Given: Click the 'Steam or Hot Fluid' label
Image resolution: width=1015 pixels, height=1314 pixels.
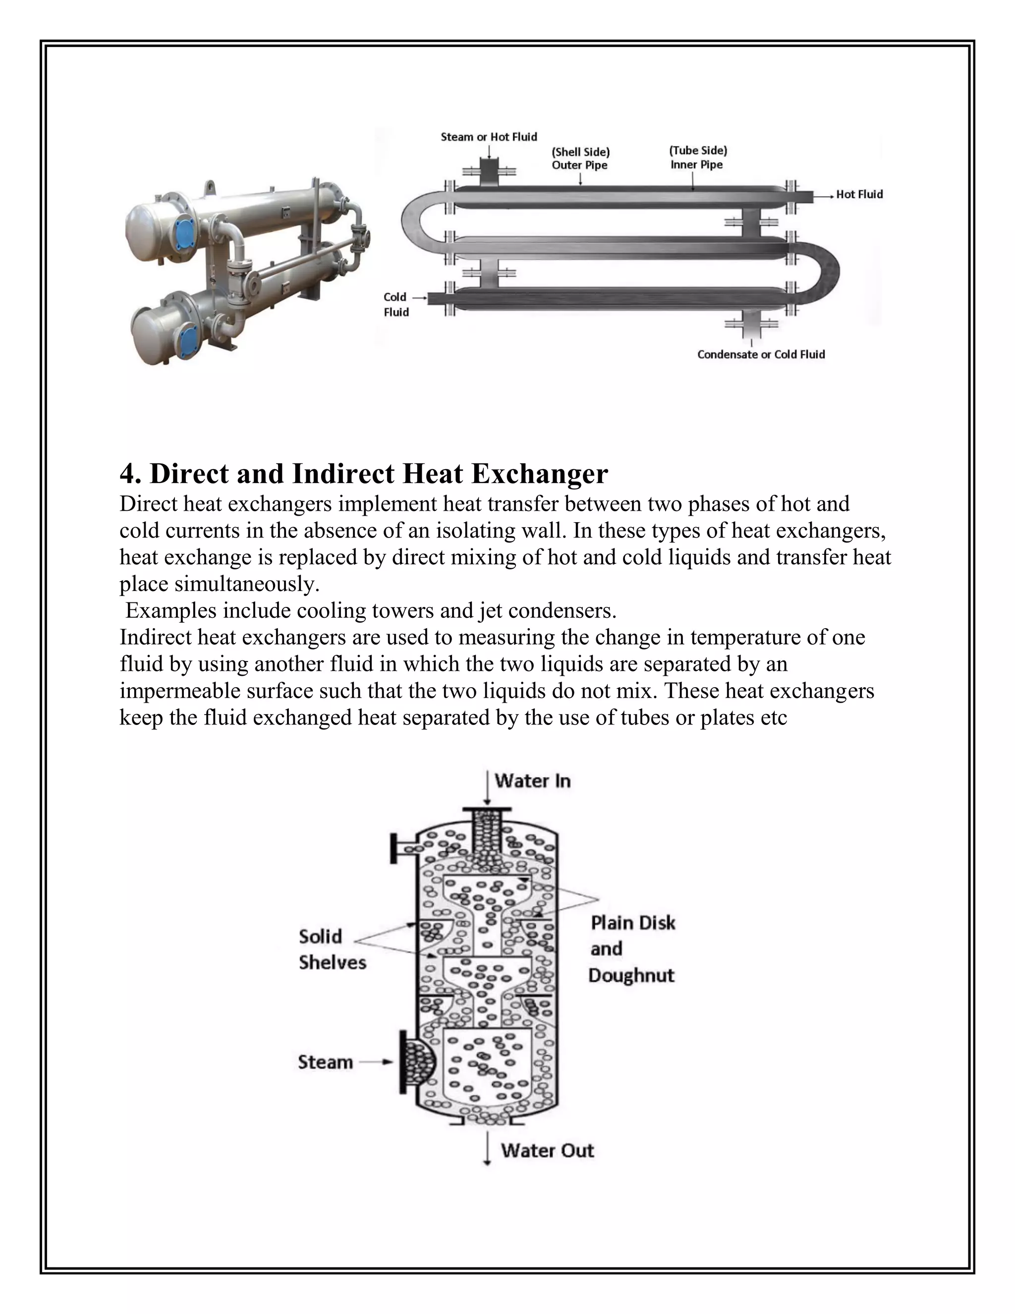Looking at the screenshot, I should tap(488, 137).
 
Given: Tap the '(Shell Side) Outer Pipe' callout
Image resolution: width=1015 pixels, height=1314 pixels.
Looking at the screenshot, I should tap(580, 158).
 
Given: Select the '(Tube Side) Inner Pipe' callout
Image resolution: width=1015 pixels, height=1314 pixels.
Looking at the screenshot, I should tap(697, 158).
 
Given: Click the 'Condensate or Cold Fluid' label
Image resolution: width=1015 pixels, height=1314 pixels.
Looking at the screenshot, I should tap(761, 355).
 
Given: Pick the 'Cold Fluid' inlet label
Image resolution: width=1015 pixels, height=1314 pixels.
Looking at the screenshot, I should tap(395, 304).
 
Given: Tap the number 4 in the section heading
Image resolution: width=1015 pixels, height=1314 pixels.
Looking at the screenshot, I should tap(127, 474).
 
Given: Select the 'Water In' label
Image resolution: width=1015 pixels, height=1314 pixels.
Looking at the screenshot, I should tap(532, 781).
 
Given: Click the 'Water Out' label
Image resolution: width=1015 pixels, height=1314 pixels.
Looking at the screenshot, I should tap(547, 1150).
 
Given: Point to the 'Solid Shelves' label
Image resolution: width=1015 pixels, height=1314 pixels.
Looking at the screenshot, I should tap(332, 950).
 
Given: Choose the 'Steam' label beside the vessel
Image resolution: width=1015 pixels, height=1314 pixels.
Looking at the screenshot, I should tap(325, 1062).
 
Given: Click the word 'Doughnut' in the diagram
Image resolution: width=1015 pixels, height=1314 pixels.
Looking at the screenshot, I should tap(631, 975).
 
